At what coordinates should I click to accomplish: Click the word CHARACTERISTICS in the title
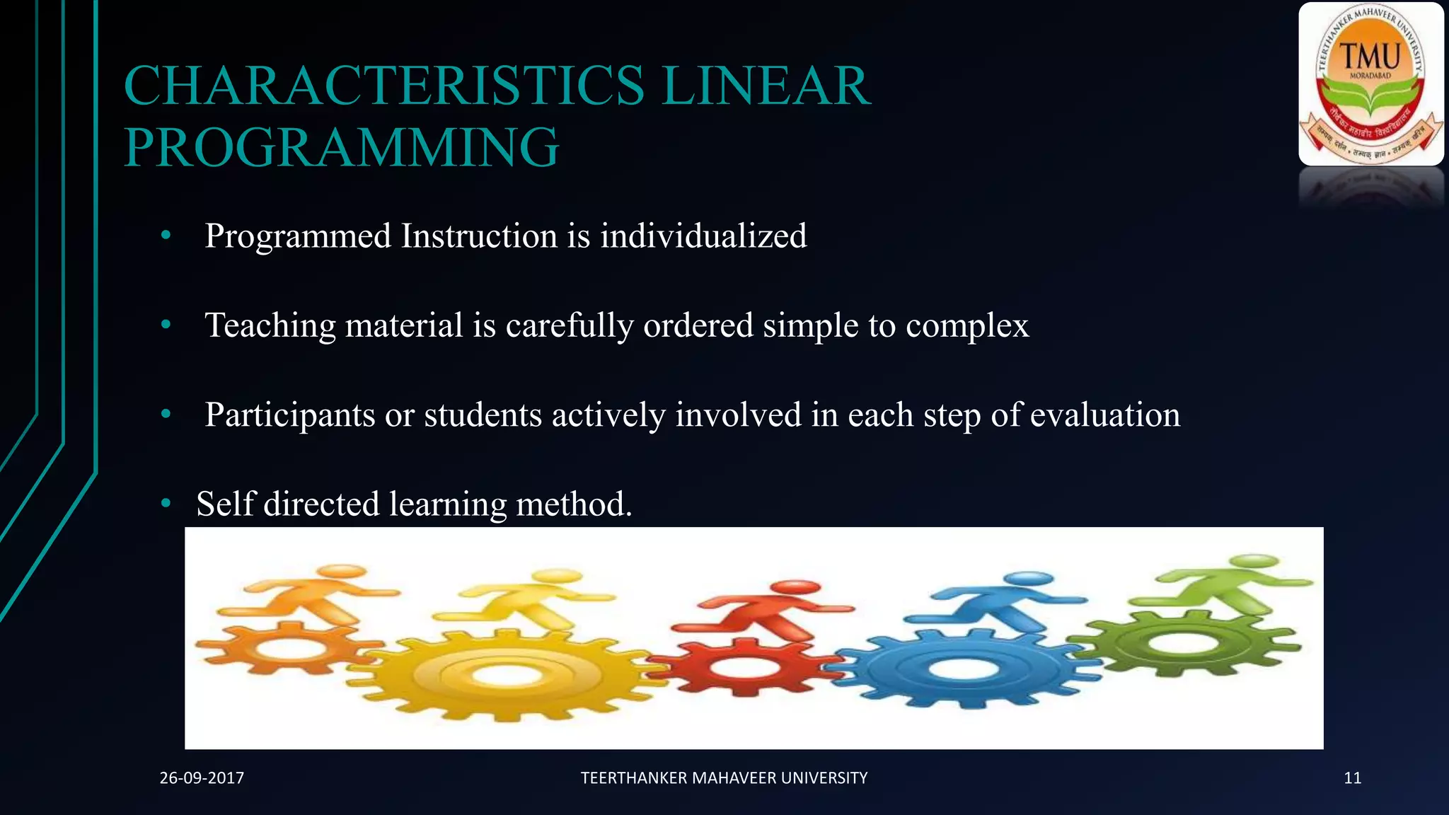click(384, 86)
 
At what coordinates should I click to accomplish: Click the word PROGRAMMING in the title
click(342, 147)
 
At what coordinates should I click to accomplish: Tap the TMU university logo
click(1370, 83)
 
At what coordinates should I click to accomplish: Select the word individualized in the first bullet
click(703, 236)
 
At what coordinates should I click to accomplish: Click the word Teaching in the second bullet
click(270, 325)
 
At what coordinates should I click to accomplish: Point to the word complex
click(966, 325)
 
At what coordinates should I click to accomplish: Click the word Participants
click(289, 415)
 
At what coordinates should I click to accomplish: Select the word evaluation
click(1104, 415)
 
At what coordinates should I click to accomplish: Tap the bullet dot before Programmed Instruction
click(166, 236)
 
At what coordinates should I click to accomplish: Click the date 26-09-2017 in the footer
click(202, 778)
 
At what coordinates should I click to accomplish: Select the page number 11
click(1352, 778)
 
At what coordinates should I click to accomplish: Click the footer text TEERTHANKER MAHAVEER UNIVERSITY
click(724, 778)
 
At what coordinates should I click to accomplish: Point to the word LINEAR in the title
click(766, 86)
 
